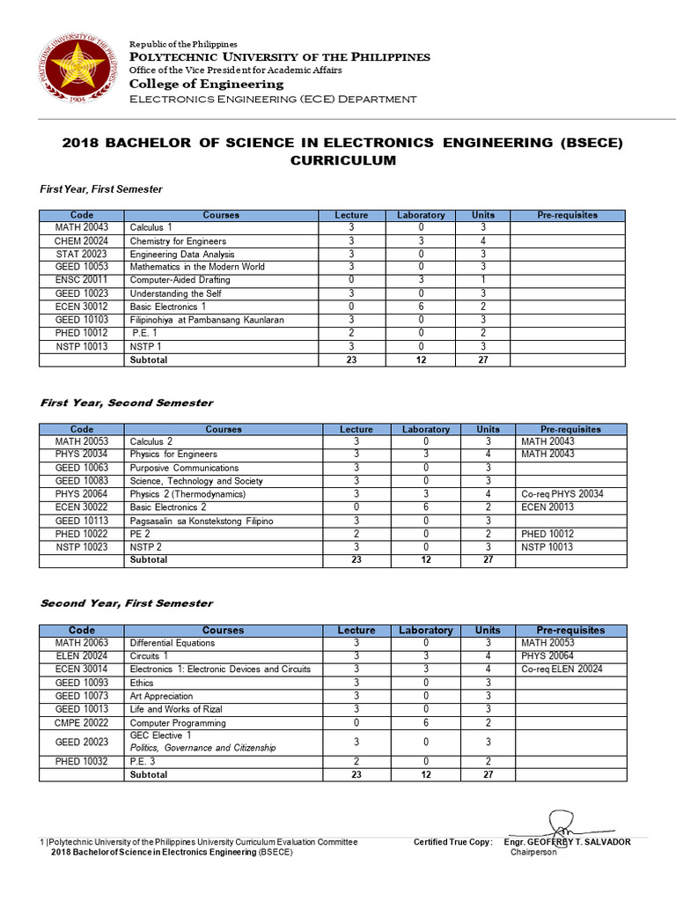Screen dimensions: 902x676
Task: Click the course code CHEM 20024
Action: click(82, 240)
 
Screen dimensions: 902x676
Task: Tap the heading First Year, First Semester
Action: click(101, 189)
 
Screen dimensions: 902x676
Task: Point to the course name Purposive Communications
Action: click(184, 468)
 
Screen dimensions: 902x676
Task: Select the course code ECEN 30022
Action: click(82, 506)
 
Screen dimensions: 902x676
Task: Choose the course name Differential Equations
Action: click(172, 642)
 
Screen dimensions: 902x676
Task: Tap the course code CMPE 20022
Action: click(82, 722)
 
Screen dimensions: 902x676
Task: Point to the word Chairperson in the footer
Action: click(533, 853)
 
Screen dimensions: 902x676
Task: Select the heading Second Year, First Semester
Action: click(127, 603)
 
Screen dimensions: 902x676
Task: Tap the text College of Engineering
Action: click(207, 84)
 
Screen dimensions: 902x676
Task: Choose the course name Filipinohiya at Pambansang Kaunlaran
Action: click(207, 319)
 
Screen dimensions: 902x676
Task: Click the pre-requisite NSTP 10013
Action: click(547, 546)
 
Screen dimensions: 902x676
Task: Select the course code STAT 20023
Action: click(82, 254)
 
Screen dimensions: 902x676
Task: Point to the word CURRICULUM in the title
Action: click(343, 160)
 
